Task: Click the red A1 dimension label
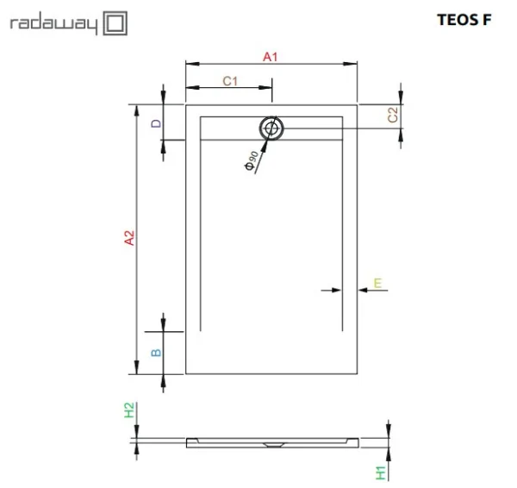click(270, 57)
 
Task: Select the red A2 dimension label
click(129, 238)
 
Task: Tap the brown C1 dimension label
click(230, 81)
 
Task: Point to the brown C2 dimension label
click(393, 115)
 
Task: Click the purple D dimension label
click(156, 124)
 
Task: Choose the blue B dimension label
click(156, 353)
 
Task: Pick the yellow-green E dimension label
click(377, 283)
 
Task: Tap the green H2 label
click(129, 410)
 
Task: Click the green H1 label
click(381, 472)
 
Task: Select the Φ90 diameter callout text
click(252, 160)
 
